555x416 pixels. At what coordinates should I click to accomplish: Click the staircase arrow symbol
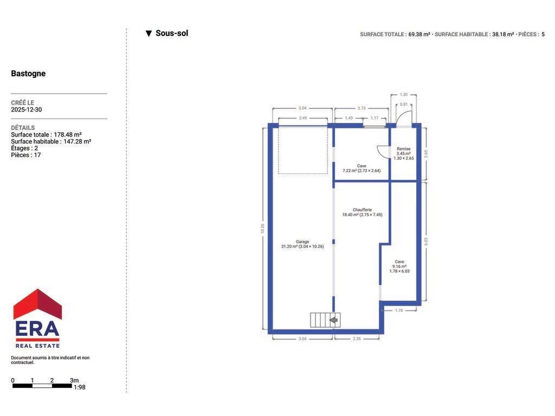click(x=333, y=320)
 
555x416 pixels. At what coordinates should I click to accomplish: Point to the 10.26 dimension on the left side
click(x=263, y=228)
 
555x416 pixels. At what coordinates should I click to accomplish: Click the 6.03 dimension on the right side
click(x=426, y=241)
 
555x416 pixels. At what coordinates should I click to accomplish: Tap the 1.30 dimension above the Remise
click(x=403, y=95)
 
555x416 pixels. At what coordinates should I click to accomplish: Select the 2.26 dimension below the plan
click(x=357, y=339)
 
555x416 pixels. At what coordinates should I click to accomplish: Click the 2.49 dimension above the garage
click(x=302, y=118)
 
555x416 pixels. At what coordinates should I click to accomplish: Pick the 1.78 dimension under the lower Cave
click(x=399, y=310)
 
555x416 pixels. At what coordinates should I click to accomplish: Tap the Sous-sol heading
click(x=172, y=33)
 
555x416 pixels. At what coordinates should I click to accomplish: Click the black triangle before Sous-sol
click(x=149, y=34)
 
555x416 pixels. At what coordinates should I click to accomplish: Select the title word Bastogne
click(x=28, y=74)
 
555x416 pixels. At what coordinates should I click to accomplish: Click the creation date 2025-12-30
click(x=26, y=109)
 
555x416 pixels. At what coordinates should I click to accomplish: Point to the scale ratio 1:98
click(x=80, y=387)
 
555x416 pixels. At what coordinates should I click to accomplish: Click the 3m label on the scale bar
click(x=74, y=380)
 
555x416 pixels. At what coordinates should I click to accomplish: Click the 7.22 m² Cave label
click(x=362, y=168)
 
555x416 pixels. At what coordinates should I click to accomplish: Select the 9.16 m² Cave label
click(x=399, y=266)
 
